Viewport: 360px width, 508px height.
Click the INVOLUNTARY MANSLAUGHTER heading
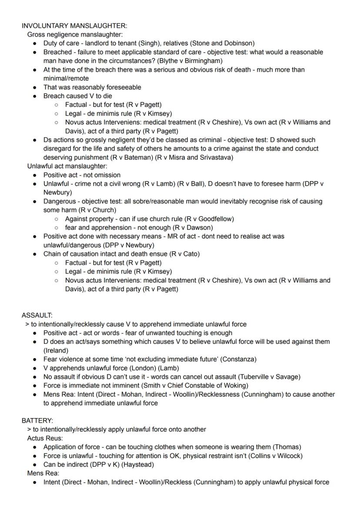(x=74, y=26)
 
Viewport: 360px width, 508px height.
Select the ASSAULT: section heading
(x=37, y=315)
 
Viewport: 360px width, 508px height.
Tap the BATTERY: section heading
(x=37, y=421)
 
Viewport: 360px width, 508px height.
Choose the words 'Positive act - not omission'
(x=82, y=175)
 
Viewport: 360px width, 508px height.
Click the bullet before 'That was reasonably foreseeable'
(x=35, y=87)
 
